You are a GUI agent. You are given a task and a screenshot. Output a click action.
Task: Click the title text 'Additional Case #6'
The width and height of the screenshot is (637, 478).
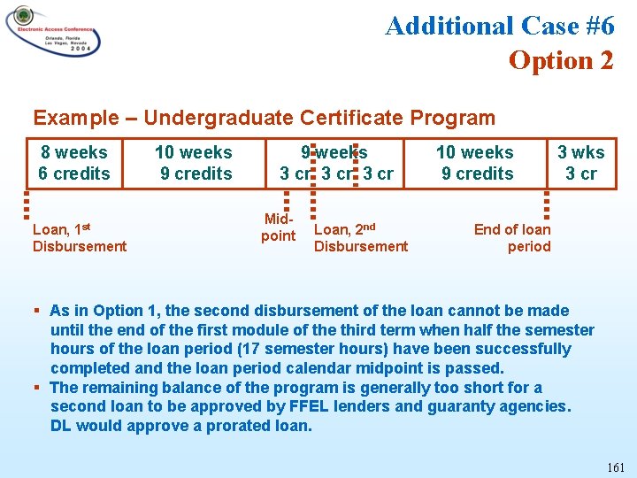[500, 26]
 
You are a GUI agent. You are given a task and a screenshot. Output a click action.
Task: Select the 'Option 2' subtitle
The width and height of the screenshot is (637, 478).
[561, 60]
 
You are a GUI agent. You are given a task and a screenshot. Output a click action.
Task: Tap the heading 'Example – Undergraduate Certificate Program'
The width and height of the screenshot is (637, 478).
[264, 118]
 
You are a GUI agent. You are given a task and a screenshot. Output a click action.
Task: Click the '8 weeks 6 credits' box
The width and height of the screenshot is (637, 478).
[74, 163]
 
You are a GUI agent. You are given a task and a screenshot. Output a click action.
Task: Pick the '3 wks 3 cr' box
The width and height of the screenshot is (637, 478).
[581, 163]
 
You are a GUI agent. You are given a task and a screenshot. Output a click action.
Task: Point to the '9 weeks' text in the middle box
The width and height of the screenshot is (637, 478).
[334, 152]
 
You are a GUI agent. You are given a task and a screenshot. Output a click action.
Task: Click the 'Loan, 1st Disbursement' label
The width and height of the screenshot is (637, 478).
[79, 237]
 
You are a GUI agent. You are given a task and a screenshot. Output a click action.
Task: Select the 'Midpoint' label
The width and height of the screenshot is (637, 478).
[278, 227]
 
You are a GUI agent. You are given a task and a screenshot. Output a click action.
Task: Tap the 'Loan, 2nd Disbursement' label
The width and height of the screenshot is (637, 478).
[361, 237]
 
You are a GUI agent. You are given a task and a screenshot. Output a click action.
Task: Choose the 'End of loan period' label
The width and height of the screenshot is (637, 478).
[512, 237]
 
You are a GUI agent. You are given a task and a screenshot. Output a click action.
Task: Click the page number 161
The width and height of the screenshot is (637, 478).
[616, 466]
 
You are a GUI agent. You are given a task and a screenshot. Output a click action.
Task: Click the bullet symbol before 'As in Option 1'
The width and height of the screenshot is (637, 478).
[37, 311]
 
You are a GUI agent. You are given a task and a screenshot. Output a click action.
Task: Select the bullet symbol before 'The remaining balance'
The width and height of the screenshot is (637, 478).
[37, 388]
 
